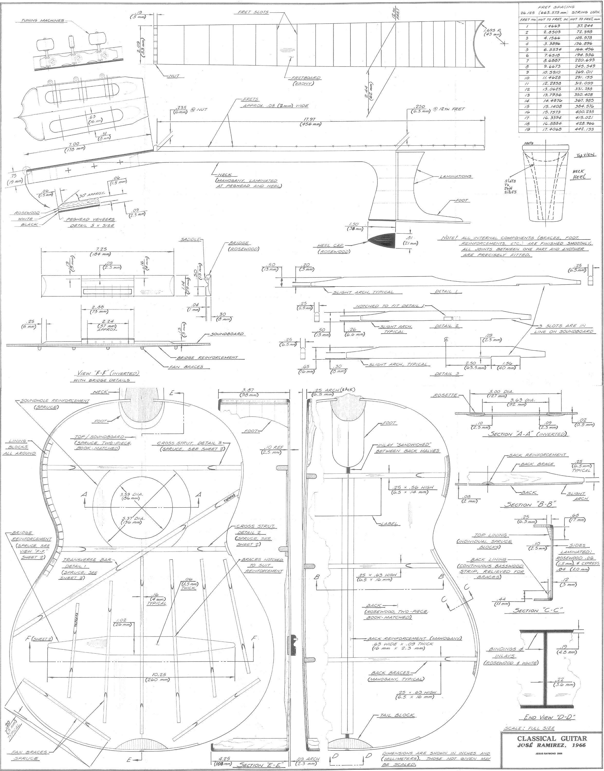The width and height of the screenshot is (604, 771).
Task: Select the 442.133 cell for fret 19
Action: point(585,130)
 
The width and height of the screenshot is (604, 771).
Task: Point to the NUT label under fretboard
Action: point(174,76)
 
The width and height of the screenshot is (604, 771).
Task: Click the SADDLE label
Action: point(190,240)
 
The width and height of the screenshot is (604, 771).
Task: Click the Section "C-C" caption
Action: point(533,610)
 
